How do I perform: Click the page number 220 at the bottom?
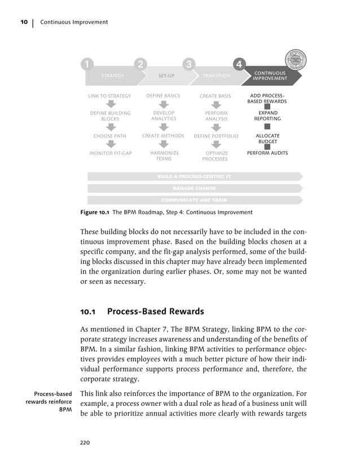point(85,443)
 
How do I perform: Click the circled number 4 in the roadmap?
point(239,65)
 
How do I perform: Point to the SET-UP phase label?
point(166,76)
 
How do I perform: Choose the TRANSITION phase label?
point(216,76)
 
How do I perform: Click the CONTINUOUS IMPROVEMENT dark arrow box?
point(270,76)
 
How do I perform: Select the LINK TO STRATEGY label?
point(109,96)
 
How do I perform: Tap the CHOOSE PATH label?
point(109,136)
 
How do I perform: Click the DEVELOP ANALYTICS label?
point(164,116)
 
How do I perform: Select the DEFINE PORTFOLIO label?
point(216,136)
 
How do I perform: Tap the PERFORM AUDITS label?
point(267,153)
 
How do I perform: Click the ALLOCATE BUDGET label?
point(267,139)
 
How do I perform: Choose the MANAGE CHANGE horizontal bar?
point(194,188)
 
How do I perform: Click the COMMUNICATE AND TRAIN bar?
point(194,200)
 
